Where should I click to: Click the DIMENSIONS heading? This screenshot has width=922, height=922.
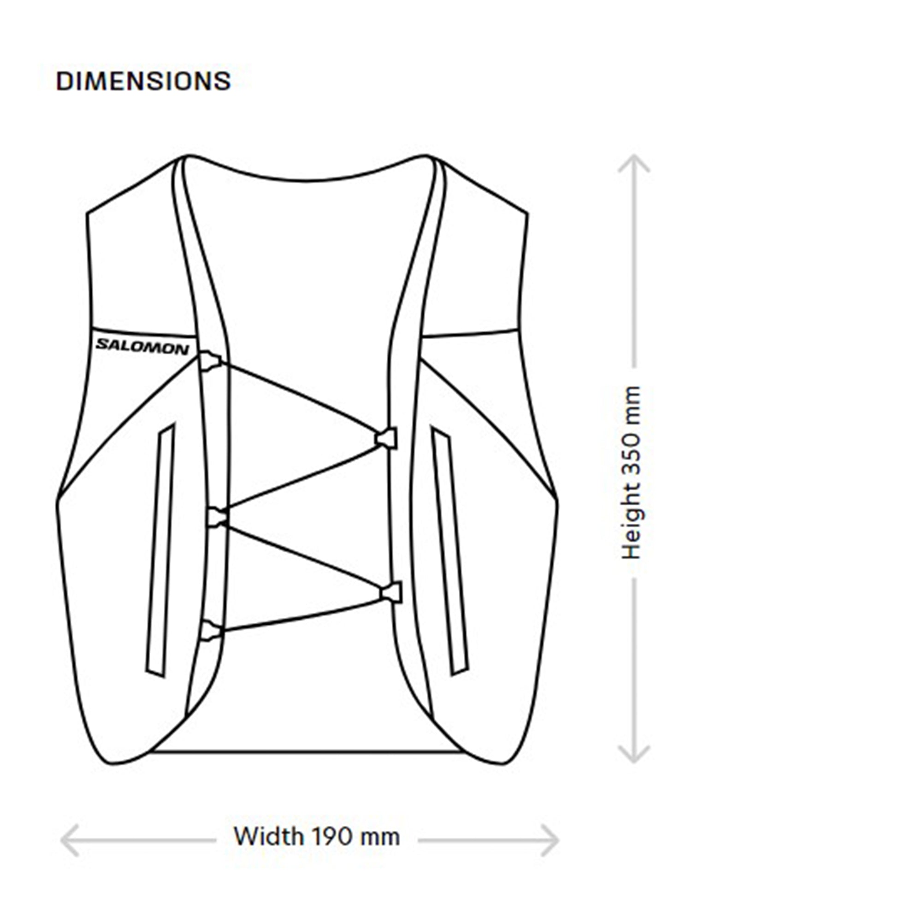click(x=143, y=81)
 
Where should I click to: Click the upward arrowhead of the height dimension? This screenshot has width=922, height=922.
click(x=634, y=163)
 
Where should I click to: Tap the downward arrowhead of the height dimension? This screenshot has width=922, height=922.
click(x=634, y=754)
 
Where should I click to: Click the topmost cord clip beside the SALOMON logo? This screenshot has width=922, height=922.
click(x=209, y=361)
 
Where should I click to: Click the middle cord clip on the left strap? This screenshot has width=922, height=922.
click(x=217, y=517)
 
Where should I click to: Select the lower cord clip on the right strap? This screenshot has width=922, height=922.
click(x=391, y=593)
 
